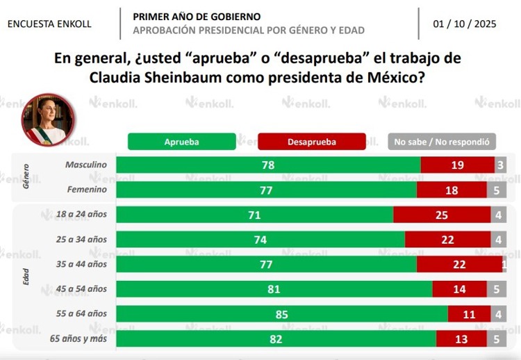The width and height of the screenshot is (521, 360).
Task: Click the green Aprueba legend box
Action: [x=181, y=142]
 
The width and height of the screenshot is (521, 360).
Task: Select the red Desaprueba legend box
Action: [x=311, y=142]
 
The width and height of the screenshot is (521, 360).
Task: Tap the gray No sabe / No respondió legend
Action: [x=442, y=142]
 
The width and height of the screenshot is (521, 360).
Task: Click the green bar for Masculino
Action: [x=268, y=165]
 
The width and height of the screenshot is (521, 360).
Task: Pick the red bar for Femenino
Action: [x=452, y=190]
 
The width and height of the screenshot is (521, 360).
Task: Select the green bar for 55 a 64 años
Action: [x=281, y=314]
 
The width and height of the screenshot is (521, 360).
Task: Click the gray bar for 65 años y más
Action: [x=496, y=339]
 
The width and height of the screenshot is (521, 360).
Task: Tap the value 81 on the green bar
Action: [x=274, y=289]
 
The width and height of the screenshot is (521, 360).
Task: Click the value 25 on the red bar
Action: [x=441, y=215]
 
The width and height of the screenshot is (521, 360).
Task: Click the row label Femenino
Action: [x=87, y=189]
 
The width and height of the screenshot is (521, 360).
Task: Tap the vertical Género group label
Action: [x=26, y=177]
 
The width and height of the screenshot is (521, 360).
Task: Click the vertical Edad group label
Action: [x=26, y=277]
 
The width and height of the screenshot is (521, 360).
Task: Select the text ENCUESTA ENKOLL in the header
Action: [x=49, y=24]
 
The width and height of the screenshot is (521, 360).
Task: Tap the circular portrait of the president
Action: [x=49, y=120]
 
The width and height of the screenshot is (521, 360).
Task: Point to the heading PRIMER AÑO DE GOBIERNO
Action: [x=197, y=16]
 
